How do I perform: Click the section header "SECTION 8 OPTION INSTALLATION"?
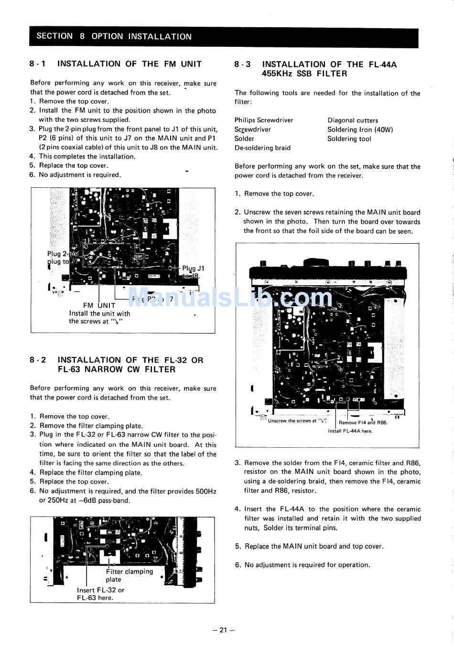tap(114, 36)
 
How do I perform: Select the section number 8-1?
tap(38, 64)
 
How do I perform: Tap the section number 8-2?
tap(38, 360)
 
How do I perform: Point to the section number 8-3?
tap(243, 65)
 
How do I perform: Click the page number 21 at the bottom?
tap(224, 630)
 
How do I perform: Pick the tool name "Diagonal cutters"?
tap(353, 120)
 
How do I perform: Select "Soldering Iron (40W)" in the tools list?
tap(360, 129)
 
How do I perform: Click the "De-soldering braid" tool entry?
tap(262, 148)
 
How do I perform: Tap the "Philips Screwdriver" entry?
tap(264, 120)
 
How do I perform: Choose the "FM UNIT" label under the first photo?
tap(99, 305)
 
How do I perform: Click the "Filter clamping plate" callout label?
tap(129, 575)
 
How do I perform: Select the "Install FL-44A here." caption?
tap(350, 431)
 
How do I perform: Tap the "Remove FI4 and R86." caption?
tap(363, 422)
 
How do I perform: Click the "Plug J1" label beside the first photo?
tap(193, 269)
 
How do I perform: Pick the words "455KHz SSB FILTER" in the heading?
tap(304, 74)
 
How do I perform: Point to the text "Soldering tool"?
tap(349, 139)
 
